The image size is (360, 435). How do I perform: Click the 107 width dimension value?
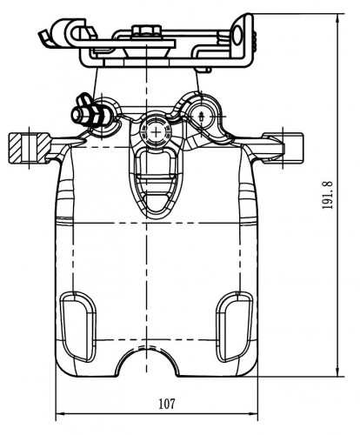167,404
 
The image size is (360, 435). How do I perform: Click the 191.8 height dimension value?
328,195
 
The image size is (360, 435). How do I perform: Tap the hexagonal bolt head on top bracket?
146,30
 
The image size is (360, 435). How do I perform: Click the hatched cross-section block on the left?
29,148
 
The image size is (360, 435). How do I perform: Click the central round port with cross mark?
156,132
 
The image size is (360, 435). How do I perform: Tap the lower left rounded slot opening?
77,327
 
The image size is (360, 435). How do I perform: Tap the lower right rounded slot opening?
235,327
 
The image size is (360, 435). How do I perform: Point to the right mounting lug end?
283,147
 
